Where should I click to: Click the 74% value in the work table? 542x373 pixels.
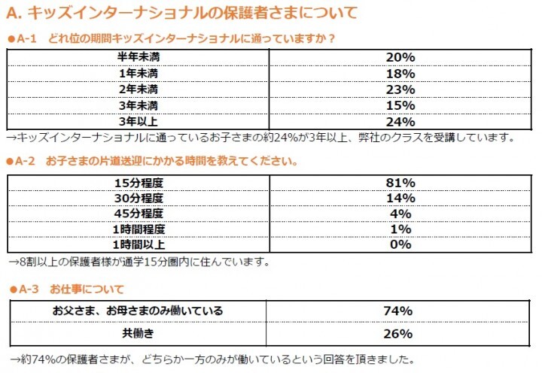point(398,311)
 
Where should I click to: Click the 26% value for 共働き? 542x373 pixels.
point(398,333)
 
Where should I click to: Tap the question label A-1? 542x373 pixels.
point(27,38)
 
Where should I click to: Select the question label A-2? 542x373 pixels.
point(27,161)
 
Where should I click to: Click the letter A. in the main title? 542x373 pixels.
point(14,13)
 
